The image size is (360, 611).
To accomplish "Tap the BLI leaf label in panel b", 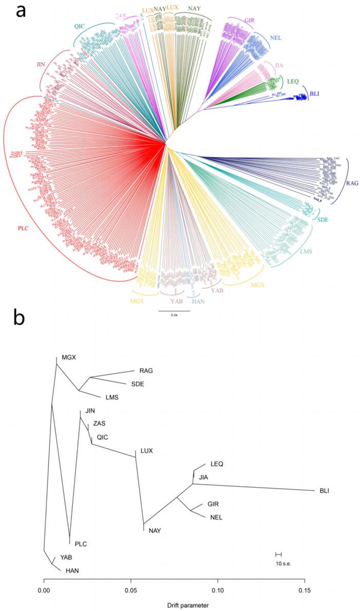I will pyautogui.click(x=324, y=491).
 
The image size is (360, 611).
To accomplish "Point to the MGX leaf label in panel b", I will pyautogui.click(x=69, y=357).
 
